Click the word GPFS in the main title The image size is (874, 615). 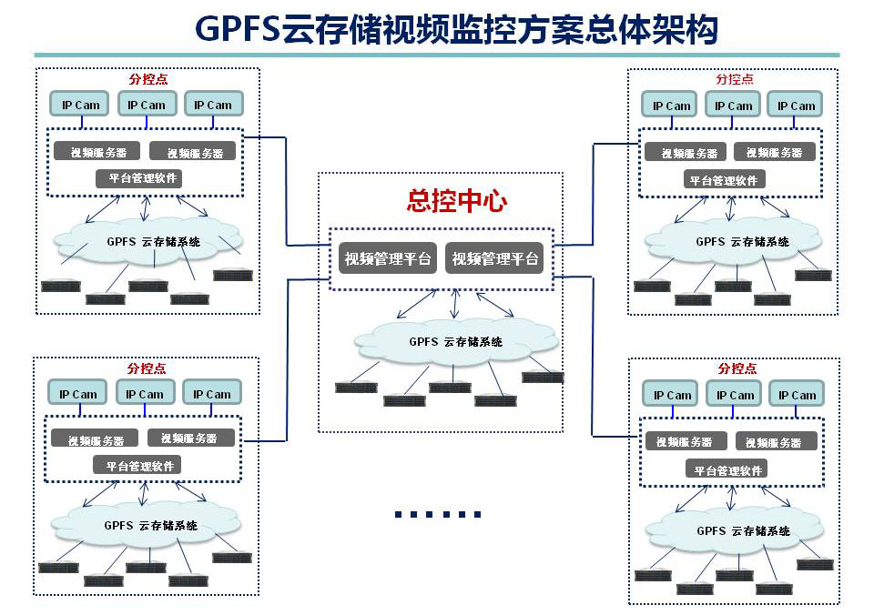tap(238, 29)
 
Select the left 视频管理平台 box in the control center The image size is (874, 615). tap(387, 258)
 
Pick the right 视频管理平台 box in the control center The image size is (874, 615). tap(495, 258)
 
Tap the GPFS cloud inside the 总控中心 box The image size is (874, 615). tap(455, 342)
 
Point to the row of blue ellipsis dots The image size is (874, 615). tap(437, 515)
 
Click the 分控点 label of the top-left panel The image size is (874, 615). tap(147, 80)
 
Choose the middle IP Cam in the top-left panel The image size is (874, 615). tap(147, 105)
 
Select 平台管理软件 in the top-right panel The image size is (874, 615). tap(724, 180)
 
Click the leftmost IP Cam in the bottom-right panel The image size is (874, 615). tap(672, 395)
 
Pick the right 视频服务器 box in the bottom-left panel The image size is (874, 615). tap(190, 439)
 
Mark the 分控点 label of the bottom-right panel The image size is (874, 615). tap(737, 368)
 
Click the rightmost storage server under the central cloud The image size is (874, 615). tap(543, 377)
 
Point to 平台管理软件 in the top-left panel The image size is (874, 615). tap(139, 178)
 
